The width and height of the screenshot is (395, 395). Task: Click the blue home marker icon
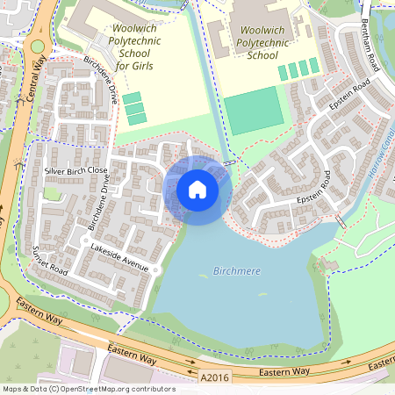tap(197, 190)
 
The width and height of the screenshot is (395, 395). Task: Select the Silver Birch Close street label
tap(75, 169)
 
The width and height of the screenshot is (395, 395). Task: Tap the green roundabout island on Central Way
tap(37, 46)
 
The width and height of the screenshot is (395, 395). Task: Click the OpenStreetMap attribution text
tap(88, 388)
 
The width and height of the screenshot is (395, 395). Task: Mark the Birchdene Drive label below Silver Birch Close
tap(97, 207)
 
